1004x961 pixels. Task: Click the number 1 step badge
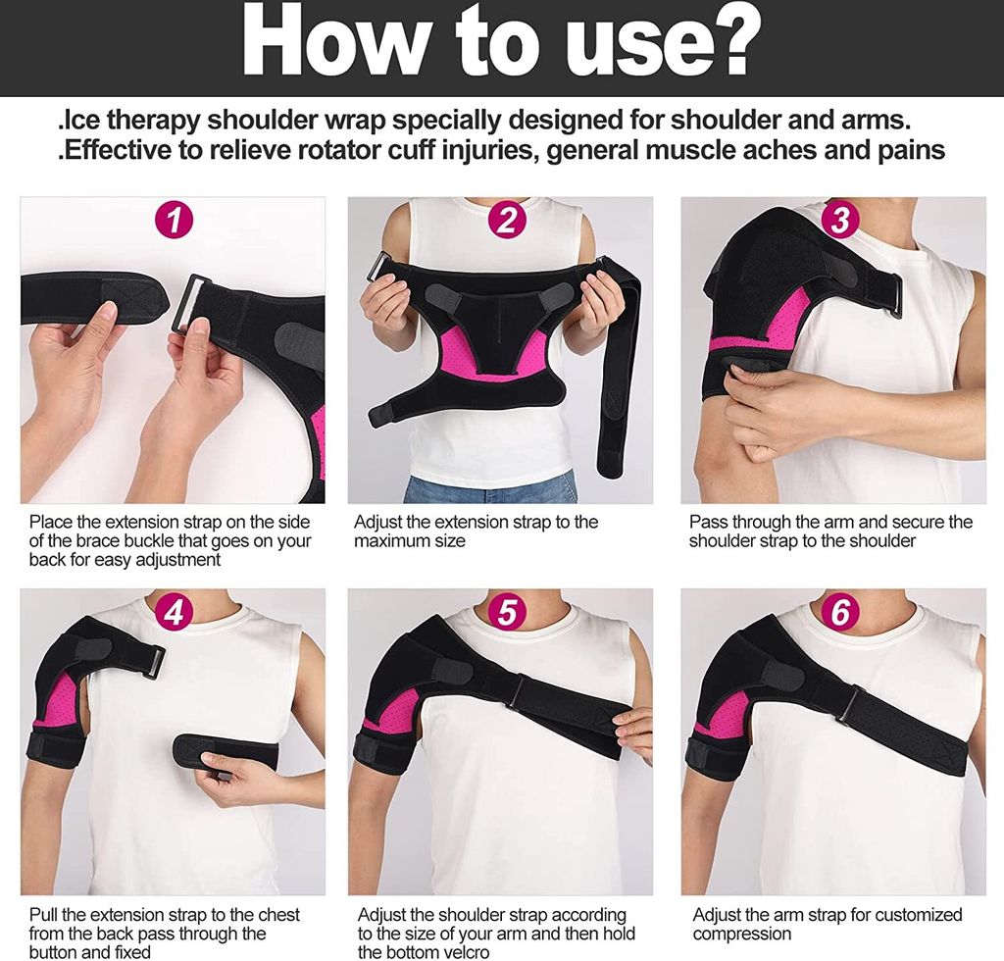[x=174, y=221]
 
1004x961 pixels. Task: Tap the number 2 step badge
[x=507, y=221]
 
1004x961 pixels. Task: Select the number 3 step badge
[x=840, y=221]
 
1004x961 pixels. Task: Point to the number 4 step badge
[x=174, y=613]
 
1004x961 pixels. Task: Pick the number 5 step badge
[x=507, y=613]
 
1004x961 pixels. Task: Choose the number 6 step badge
[x=840, y=613]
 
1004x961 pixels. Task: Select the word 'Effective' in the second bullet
[x=118, y=150]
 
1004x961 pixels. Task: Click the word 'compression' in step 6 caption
[x=742, y=935]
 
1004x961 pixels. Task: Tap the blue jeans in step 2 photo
[x=490, y=489]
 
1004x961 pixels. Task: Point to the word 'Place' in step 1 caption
[x=51, y=522]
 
